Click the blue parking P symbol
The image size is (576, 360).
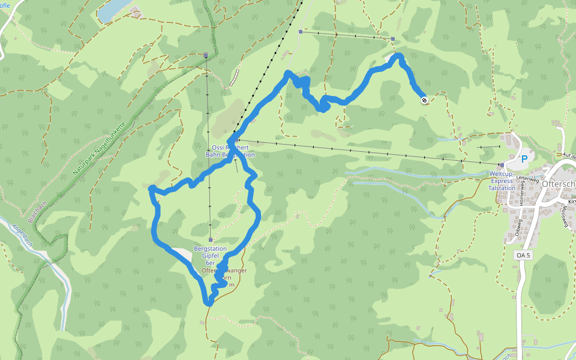[x=524, y=159]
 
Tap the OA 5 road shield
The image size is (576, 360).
[x=523, y=255]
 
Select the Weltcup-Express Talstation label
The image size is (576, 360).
[x=502, y=181]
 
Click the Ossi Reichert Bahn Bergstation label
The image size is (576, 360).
[x=230, y=151]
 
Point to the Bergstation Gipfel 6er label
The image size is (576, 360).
[x=211, y=256]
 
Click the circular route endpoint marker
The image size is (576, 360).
[x=424, y=100]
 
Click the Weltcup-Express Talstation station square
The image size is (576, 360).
[x=502, y=164]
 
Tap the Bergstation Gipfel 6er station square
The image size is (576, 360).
[x=211, y=239]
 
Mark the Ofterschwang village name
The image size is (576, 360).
[x=558, y=184]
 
